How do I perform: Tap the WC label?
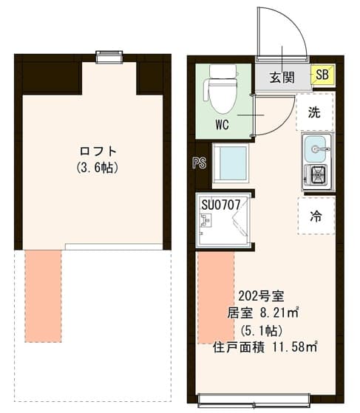(x=222, y=124)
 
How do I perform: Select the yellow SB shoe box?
(x=322, y=75)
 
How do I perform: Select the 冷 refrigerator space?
(x=316, y=216)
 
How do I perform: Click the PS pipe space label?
(x=199, y=163)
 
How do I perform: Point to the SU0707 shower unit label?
(x=220, y=202)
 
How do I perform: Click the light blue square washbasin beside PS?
(x=231, y=163)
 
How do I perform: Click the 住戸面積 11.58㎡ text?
(x=265, y=347)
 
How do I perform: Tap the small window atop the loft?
(x=109, y=57)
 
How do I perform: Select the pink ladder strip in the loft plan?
(x=43, y=296)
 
